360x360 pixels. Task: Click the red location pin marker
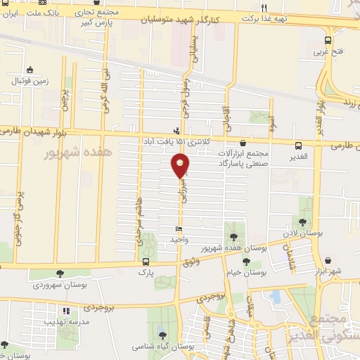click(x=180, y=166)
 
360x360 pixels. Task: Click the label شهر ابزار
click(x=330, y=271)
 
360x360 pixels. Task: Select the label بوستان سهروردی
click(x=59, y=285)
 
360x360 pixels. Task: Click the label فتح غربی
click(x=328, y=52)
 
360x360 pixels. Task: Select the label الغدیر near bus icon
click(x=302, y=156)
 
